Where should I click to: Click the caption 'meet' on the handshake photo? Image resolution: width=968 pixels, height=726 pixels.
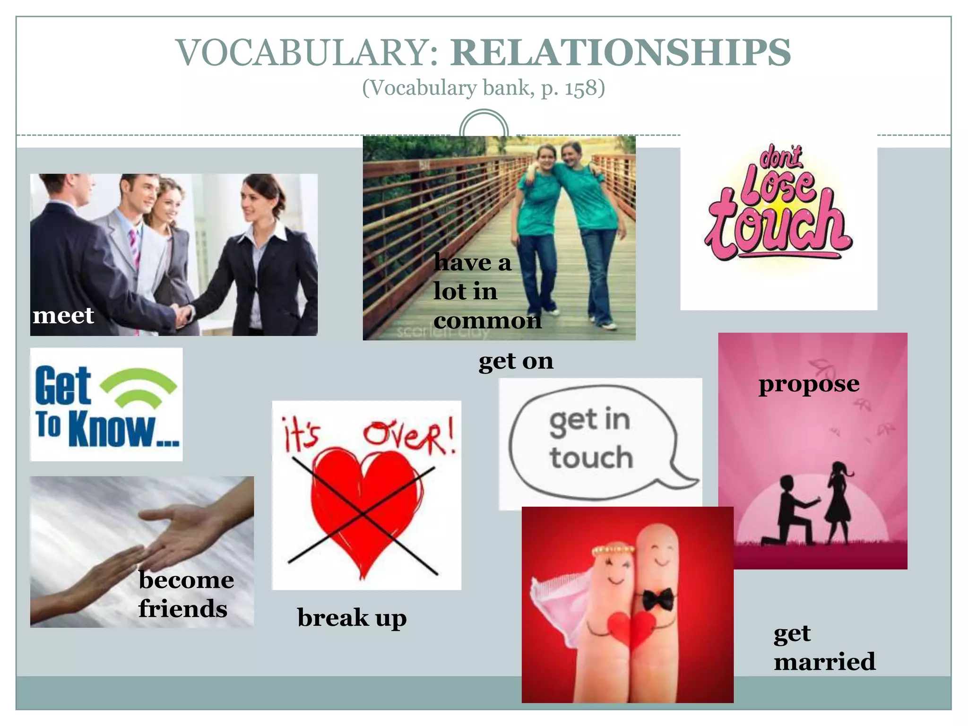pos(63,315)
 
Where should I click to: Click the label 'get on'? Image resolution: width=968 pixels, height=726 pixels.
pos(516,362)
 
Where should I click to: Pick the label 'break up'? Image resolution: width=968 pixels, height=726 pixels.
pos(352,618)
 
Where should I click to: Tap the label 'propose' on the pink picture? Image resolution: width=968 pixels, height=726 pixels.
pos(809,384)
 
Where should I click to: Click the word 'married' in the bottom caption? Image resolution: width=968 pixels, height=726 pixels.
pos(824,661)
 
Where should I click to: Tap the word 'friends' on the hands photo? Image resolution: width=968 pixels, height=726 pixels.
pos(183,609)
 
